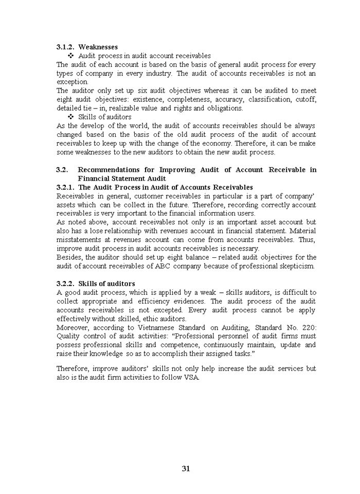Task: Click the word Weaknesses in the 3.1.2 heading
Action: [x=98, y=47]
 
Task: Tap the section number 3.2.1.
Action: [x=65, y=187]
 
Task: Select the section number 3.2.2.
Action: [x=65, y=284]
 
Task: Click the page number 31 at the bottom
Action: [x=186, y=468]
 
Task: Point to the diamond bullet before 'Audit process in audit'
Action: [x=71, y=56]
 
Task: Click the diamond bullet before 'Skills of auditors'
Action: [x=71, y=117]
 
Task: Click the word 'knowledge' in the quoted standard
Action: [x=105, y=354]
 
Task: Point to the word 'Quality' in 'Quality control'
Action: [x=67, y=336]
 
